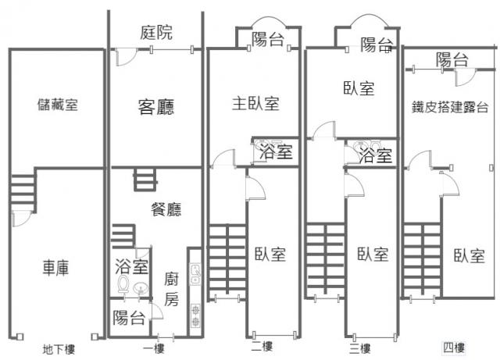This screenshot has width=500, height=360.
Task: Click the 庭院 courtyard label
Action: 157,32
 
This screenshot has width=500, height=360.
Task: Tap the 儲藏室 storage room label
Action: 57,105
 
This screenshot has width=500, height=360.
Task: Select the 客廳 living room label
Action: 155,106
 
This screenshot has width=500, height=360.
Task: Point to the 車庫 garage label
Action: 55,268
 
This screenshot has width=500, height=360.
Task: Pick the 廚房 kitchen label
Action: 173,288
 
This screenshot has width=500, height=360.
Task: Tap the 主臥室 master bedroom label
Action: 255,103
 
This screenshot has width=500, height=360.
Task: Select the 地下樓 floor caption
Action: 59,349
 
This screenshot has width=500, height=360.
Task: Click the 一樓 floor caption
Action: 154,349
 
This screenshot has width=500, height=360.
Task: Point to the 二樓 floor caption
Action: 262,347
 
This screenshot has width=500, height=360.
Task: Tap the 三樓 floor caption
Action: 360,347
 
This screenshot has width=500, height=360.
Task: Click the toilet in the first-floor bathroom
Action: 122,286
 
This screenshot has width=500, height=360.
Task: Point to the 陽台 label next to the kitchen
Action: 128,318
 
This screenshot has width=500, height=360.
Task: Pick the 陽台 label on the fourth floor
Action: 452,59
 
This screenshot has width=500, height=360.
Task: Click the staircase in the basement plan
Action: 23,188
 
